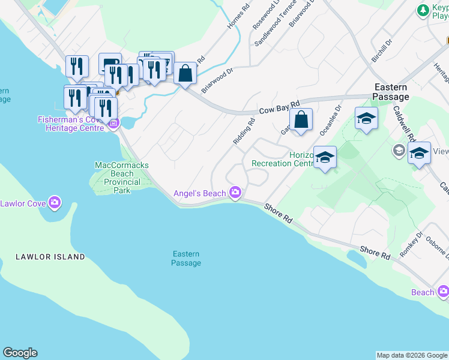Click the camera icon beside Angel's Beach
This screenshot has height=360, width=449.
(x=235, y=193)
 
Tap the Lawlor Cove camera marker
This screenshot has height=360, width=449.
(x=55, y=203)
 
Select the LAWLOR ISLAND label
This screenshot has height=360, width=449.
(x=50, y=257)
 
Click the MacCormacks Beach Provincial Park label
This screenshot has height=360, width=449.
(x=121, y=178)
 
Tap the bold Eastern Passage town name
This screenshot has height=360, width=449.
(x=391, y=92)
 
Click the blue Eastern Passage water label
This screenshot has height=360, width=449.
(x=186, y=259)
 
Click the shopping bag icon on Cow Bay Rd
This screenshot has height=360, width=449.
(x=303, y=119)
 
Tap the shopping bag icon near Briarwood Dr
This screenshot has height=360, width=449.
(x=186, y=73)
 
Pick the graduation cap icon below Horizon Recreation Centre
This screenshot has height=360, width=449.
(x=325, y=157)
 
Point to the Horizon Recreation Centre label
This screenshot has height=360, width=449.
(x=283, y=159)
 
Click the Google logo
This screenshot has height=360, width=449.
(x=20, y=353)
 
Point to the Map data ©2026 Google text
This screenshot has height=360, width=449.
(x=412, y=355)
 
